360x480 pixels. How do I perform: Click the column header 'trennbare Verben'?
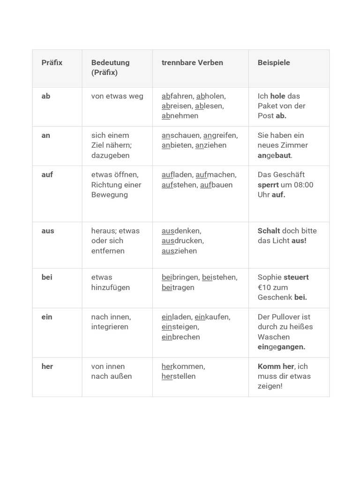coord(192,62)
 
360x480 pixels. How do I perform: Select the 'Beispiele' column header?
coord(274,62)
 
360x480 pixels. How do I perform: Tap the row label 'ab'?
coord(46,96)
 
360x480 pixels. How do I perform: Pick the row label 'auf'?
coord(47,174)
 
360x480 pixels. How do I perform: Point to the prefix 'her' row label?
coord(47,366)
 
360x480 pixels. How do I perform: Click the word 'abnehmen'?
coord(180,116)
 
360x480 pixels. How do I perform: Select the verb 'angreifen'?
coord(220,135)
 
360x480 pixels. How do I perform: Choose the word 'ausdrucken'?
coord(182,240)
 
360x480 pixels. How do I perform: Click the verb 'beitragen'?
coord(178,287)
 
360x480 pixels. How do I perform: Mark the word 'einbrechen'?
coord(180,337)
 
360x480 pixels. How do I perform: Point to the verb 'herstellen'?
coord(179,376)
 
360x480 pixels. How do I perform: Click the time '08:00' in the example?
coord(303,185)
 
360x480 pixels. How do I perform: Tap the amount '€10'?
coord(266,287)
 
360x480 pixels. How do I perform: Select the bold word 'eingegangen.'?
coord(281,347)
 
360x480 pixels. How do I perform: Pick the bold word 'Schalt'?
coord(269,231)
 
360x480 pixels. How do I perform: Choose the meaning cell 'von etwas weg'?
coord(117,96)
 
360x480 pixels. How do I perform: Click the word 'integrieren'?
coord(110,327)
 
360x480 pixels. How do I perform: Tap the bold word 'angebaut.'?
coord(275,155)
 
